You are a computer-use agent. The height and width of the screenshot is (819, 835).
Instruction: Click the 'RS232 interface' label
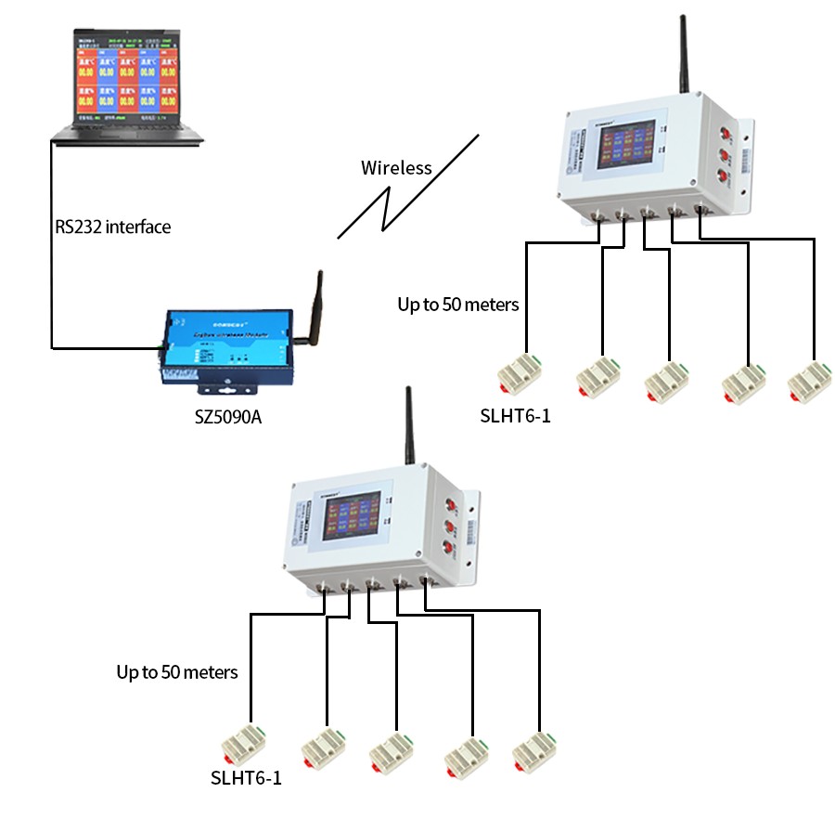point(113,227)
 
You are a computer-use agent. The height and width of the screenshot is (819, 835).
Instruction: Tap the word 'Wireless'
point(396,168)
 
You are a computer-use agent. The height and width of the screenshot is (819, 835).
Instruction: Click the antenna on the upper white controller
point(685,56)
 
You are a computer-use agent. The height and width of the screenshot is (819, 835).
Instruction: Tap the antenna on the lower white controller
point(408,427)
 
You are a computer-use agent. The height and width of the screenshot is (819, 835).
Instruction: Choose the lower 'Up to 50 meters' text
point(176,671)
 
